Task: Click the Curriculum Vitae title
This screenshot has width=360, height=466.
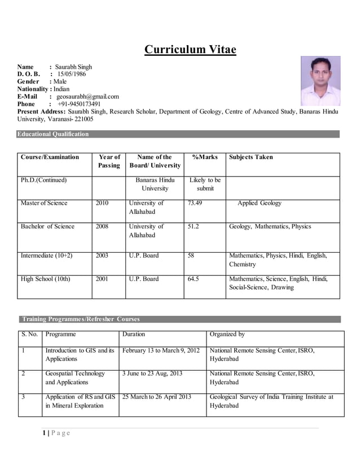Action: click(x=190, y=50)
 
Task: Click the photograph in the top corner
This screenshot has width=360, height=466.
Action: click(x=320, y=81)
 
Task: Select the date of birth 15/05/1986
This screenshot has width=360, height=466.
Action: click(x=71, y=74)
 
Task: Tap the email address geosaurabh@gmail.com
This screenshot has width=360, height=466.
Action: click(x=87, y=96)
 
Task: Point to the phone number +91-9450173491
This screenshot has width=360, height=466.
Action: click(x=79, y=104)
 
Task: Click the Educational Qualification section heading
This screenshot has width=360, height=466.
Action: click(x=53, y=134)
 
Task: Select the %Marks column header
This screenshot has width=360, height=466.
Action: click(x=205, y=157)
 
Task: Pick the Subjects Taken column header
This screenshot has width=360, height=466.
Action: click(x=251, y=157)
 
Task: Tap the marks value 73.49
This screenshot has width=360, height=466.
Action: click(x=195, y=203)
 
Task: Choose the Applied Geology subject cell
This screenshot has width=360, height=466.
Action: click(x=259, y=203)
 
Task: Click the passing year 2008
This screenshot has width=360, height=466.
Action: click(x=102, y=226)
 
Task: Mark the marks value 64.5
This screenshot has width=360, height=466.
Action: click(x=194, y=279)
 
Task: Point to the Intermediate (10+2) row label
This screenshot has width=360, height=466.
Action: click(x=46, y=256)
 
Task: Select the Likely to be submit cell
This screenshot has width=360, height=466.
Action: click(x=205, y=184)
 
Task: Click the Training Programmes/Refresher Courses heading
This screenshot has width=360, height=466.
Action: click(x=80, y=319)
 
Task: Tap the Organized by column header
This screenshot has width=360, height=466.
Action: click(x=227, y=335)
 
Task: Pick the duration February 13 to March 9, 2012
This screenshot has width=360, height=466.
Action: click(x=161, y=350)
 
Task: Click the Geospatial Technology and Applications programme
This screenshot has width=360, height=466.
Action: click(x=75, y=377)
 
